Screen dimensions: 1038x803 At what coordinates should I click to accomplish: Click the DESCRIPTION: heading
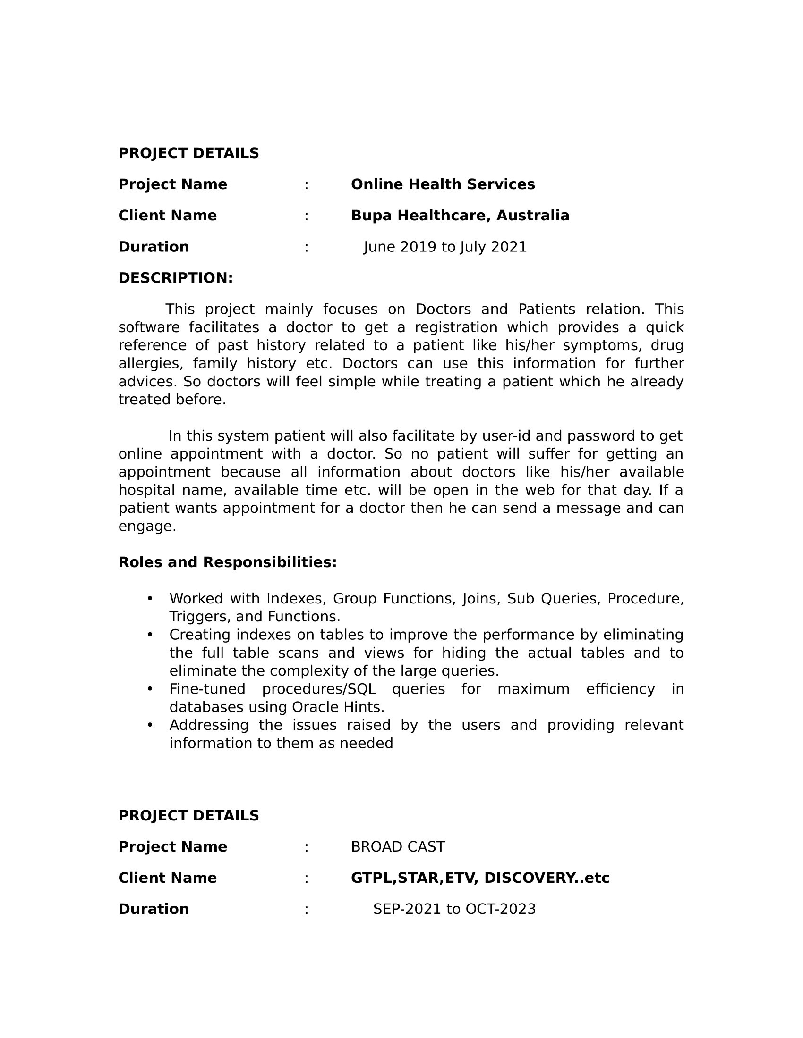176,278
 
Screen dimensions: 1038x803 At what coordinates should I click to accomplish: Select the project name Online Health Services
443,184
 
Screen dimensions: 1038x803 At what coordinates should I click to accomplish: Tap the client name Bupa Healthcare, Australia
460,216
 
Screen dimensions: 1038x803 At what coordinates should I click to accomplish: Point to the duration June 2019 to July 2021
445,247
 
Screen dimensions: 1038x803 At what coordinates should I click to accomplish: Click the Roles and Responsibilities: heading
227,562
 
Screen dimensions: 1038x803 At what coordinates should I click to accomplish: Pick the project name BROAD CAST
398,847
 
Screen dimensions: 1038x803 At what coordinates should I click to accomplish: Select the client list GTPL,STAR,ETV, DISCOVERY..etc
479,879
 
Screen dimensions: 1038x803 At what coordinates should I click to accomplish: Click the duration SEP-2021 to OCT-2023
454,909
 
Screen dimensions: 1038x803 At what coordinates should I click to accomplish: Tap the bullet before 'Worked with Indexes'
150,598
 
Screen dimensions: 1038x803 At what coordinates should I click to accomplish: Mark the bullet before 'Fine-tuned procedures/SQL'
150,689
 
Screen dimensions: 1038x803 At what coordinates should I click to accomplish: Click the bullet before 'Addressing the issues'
150,725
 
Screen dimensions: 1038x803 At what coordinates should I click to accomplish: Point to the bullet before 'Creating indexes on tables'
150,634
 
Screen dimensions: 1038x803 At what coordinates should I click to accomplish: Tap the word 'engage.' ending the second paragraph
147,527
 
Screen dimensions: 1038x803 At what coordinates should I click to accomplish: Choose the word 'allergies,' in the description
150,364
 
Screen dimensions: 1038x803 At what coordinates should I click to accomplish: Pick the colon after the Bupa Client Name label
307,216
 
